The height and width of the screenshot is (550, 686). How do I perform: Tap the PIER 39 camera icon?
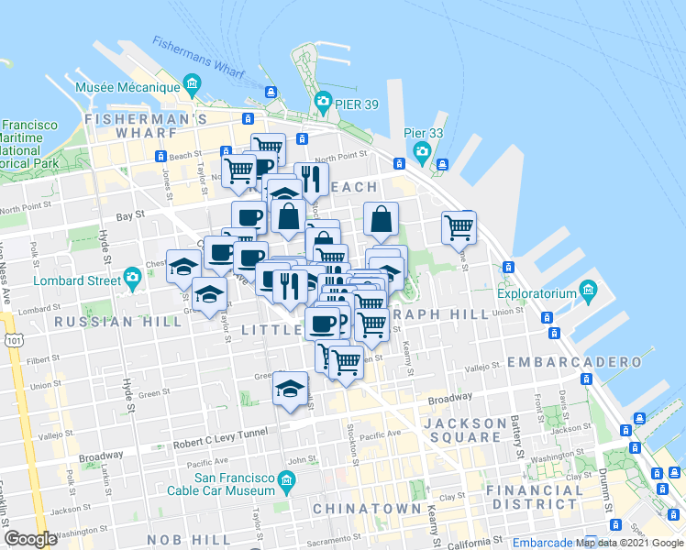[x=322, y=101]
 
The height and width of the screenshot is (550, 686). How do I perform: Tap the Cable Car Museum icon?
[x=286, y=479]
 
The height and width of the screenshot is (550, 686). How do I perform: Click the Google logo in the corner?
[x=31, y=538]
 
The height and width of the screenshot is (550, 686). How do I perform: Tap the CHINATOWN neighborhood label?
[x=367, y=508]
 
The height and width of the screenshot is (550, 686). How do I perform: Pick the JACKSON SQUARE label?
[x=466, y=430]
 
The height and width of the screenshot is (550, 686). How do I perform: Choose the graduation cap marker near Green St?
[x=291, y=388]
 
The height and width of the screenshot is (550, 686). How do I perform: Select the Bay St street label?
[x=130, y=214]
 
